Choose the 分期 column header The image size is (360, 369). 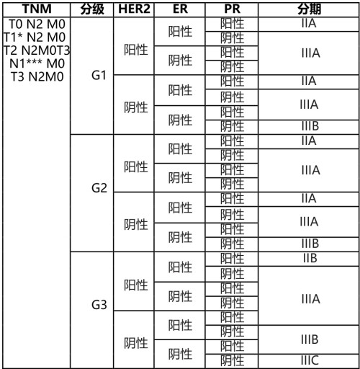pos(309,9)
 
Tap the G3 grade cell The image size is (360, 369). pos(99,305)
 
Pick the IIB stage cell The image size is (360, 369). pos(309,256)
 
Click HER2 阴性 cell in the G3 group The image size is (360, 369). pos(135,340)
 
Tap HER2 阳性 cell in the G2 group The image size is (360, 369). pos(135,164)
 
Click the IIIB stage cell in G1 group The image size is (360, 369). pos(309,127)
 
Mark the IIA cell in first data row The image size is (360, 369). pos(309,24)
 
